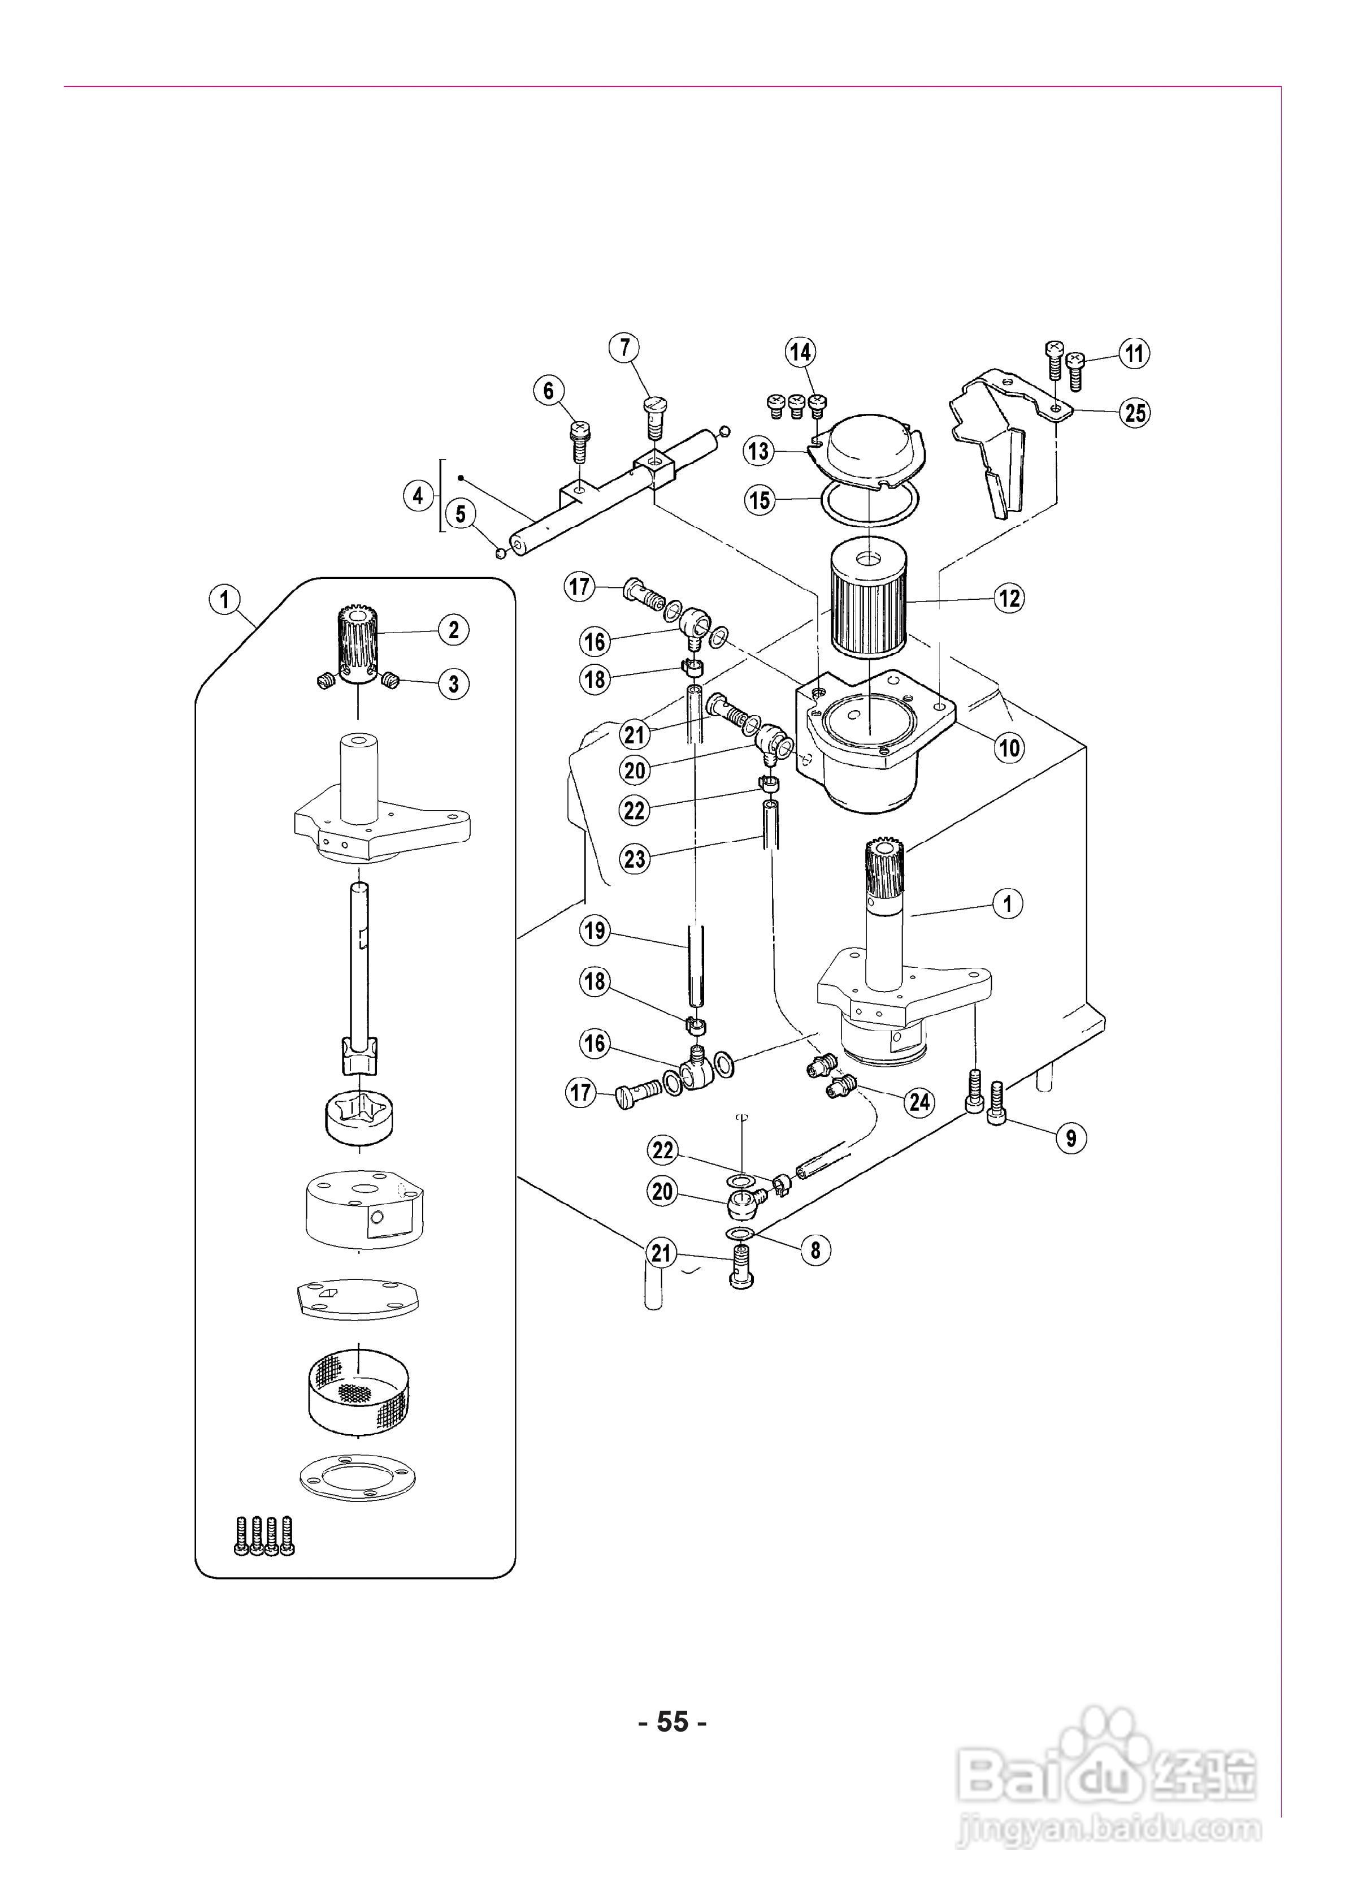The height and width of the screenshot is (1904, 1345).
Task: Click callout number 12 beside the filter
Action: [1009, 598]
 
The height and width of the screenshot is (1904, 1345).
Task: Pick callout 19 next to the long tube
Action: [595, 931]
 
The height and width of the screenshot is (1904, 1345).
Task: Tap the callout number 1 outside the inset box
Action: [1008, 903]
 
